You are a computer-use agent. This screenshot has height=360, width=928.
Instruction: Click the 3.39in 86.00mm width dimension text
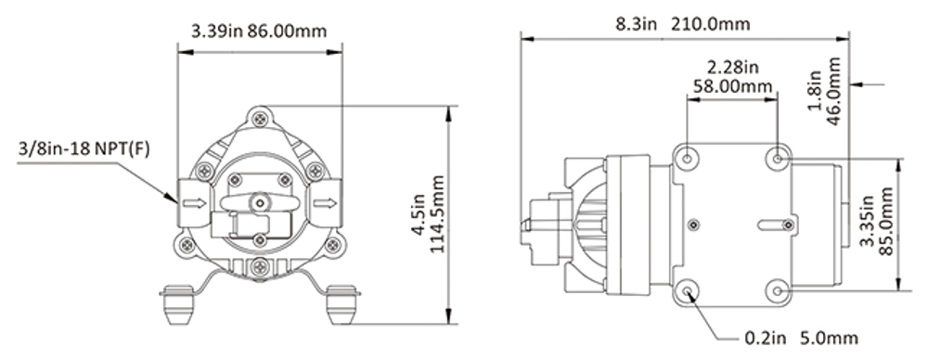click(259, 31)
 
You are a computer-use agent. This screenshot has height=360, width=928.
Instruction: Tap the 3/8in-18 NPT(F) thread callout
click(84, 148)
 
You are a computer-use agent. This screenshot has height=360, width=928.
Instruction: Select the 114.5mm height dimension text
click(437, 213)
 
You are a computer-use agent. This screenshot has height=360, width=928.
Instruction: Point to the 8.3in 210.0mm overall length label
click(682, 24)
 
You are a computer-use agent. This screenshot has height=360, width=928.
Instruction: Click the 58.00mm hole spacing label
click(731, 86)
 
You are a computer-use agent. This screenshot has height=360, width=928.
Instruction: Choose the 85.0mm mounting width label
click(885, 221)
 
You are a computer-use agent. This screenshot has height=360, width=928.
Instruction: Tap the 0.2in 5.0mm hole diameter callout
click(801, 338)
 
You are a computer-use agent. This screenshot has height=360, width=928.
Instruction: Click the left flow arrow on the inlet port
click(194, 204)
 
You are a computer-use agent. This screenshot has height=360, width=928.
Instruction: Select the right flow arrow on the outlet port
click(324, 204)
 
